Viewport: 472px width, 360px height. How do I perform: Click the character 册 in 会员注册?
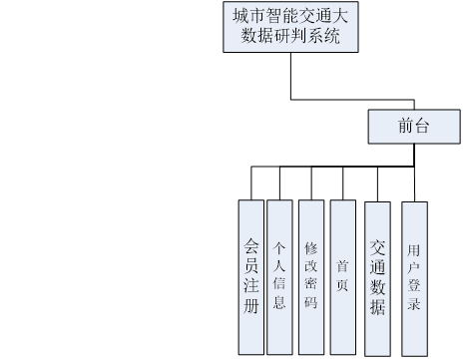point(251,305)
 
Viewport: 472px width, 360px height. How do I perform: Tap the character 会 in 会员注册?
point(251,243)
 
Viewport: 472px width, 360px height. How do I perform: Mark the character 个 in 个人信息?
point(280,246)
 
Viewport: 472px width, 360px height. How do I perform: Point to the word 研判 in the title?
point(290,38)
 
